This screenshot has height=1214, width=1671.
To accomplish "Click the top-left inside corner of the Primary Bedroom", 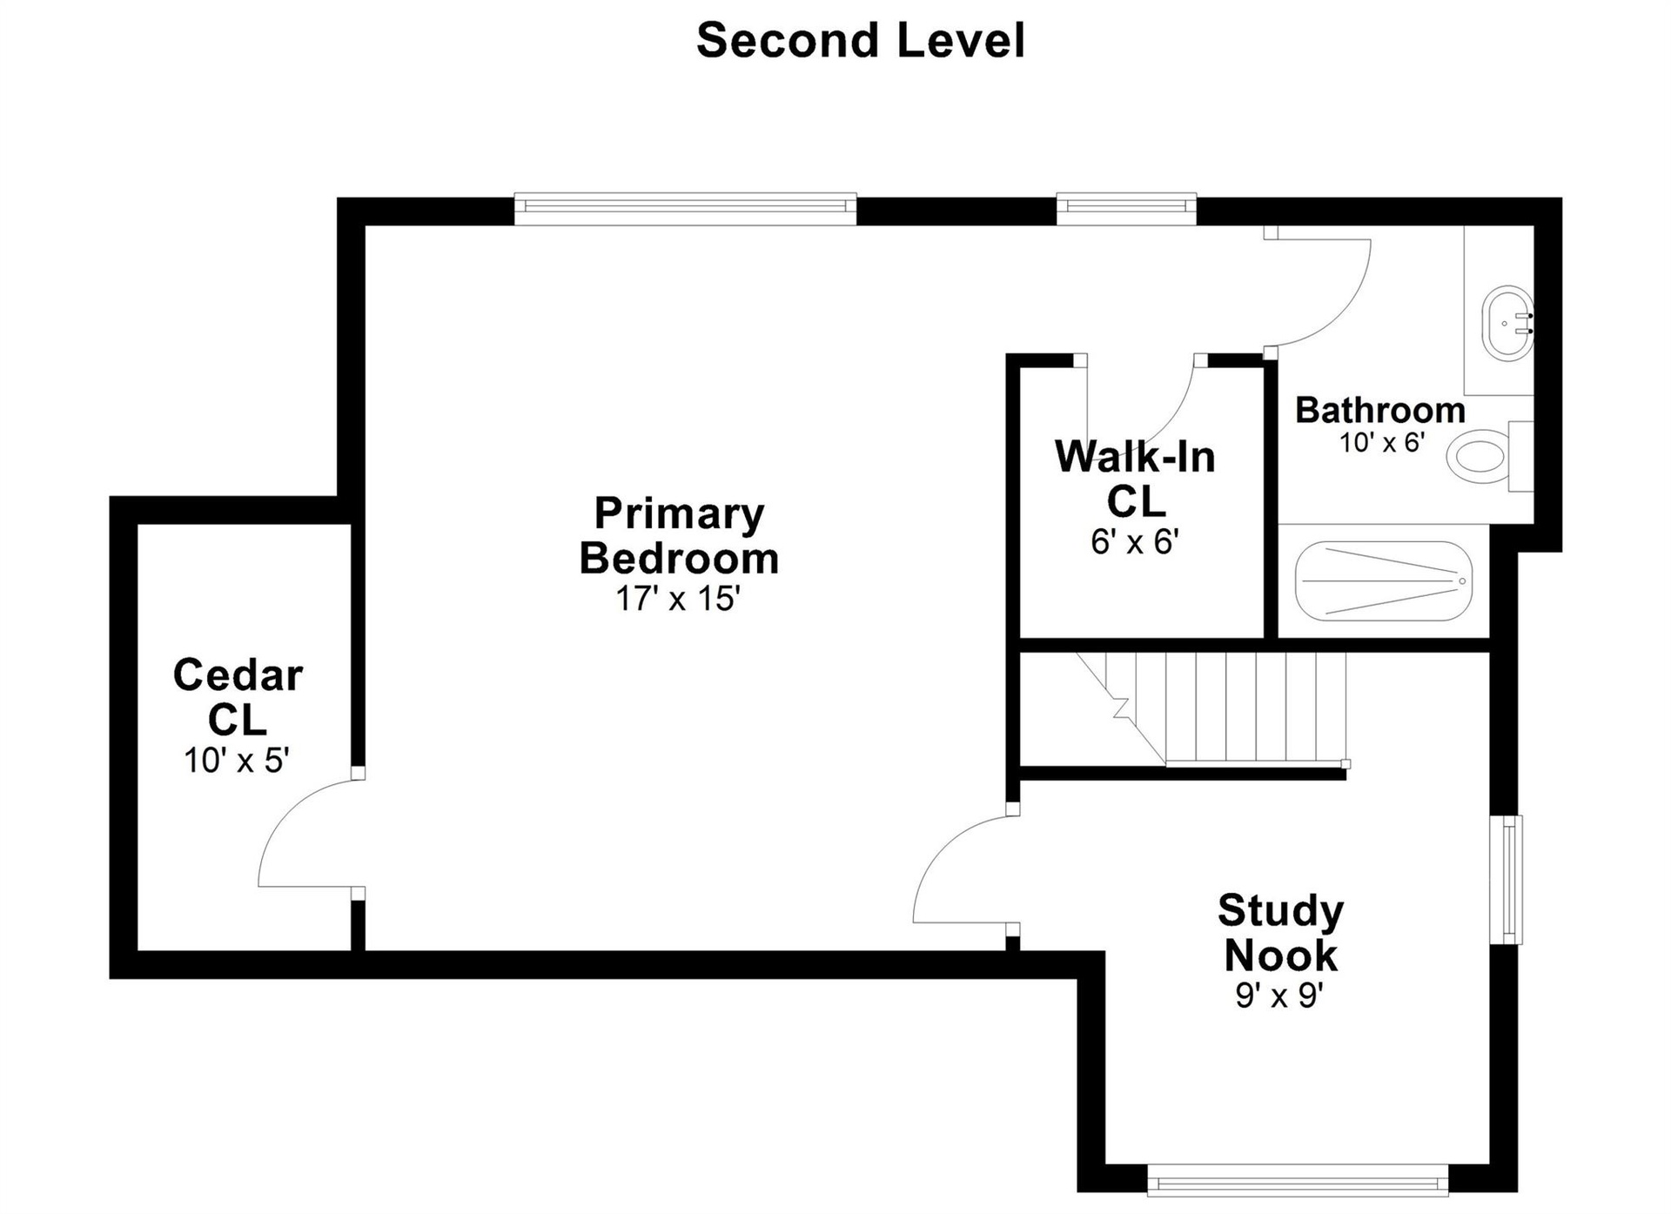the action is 365,225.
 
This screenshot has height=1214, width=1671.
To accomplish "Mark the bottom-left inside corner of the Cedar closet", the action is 138,950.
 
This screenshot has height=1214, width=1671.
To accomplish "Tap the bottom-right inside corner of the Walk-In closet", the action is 1264,638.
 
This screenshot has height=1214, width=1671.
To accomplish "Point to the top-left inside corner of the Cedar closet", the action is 138,524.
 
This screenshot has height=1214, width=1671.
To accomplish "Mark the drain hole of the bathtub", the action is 1462,580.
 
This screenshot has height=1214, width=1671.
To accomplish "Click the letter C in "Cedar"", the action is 191,674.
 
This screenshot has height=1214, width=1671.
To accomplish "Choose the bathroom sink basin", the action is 1508,323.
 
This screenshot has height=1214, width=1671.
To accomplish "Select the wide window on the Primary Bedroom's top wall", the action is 686,208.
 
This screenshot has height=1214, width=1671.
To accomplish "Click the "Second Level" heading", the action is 861,40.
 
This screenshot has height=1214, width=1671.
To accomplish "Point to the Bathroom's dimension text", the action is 1381,442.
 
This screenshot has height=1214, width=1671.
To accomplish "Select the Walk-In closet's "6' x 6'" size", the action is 1135,541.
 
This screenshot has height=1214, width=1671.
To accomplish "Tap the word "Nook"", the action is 1280,955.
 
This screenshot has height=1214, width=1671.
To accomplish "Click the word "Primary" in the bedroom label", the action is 679,513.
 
